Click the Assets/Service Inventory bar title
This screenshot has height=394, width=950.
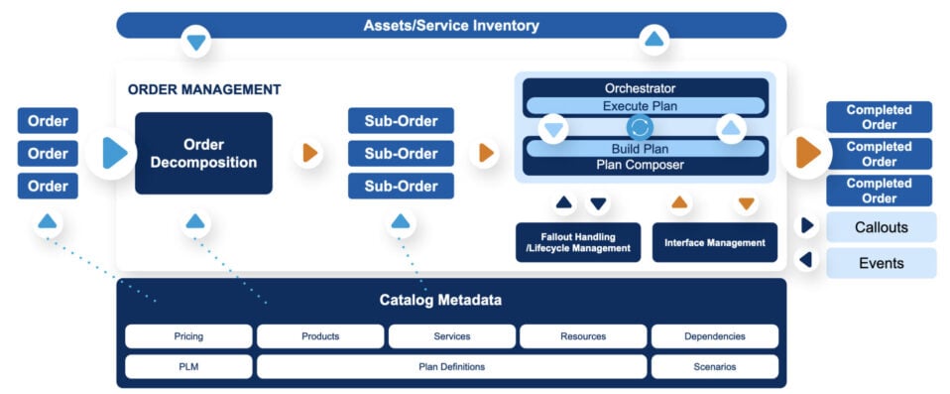click(x=450, y=26)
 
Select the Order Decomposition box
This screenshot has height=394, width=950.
click(x=203, y=153)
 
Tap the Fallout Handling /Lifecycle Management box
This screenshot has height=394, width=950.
click(x=579, y=242)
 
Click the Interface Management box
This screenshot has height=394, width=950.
click(x=714, y=242)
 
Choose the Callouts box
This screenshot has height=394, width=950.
click(x=881, y=227)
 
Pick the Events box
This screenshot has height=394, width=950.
click(x=881, y=263)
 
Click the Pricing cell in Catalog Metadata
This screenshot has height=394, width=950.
click(x=188, y=336)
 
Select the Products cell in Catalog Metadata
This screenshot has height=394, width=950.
click(x=320, y=336)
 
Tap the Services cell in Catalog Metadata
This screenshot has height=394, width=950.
click(x=451, y=336)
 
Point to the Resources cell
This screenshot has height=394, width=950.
click(x=583, y=336)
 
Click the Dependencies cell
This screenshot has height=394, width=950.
click(x=714, y=336)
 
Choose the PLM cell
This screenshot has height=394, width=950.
click(x=188, y=366)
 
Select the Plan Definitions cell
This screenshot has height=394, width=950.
click(x=451, y=366)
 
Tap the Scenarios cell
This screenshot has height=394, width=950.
click(x=714, y=366)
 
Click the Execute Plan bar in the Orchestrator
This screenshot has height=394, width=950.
click(x=645, y=106)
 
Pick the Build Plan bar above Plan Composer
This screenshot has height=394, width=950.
click(x=645, y=149)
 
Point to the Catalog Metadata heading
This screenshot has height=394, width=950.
click(x=451, y=300)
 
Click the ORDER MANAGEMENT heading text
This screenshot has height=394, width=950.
click(x=204, y=89)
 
